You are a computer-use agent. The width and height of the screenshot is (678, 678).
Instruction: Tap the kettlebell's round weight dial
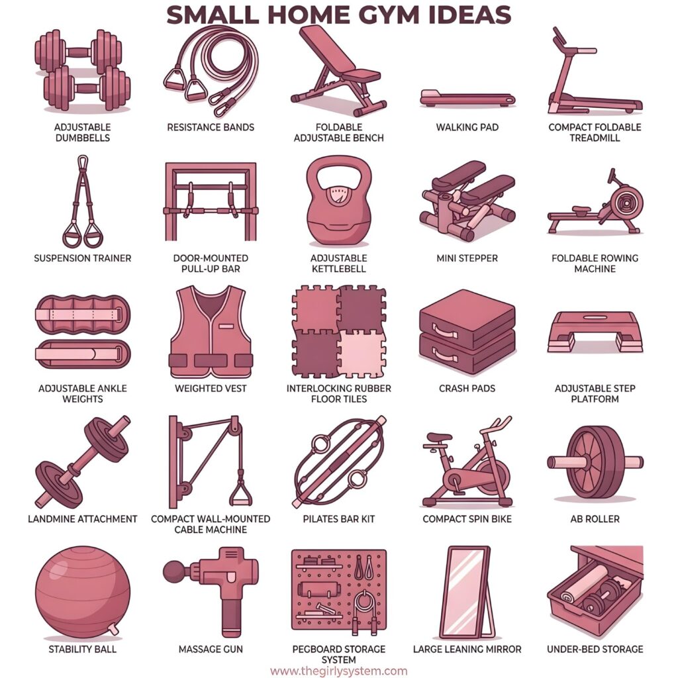[x=338, y=197]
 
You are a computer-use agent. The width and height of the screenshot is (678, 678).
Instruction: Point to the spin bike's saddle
[x=439, y=437]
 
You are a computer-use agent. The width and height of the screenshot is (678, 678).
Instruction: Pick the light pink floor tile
[x=362, y=354]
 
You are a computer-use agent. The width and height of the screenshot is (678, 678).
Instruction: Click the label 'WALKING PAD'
[x=467, y=127]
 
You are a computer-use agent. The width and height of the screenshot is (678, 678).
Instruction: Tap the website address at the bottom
[x=338, y=671]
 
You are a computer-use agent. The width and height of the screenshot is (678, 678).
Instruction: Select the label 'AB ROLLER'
[x=595, y=518]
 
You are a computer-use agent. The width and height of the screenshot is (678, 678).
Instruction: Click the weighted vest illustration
[x=210, y=332]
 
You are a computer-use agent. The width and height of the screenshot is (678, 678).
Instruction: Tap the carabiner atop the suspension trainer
[x=82, y=163]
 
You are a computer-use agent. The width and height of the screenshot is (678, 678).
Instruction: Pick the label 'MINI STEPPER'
[x=467, y=258]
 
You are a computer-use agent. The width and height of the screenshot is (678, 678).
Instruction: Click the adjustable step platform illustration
[x=595, y=331]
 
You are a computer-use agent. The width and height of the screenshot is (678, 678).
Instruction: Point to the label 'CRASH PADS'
[x=467, y=388]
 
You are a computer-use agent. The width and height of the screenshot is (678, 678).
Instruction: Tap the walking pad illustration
[x=467, y=99]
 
